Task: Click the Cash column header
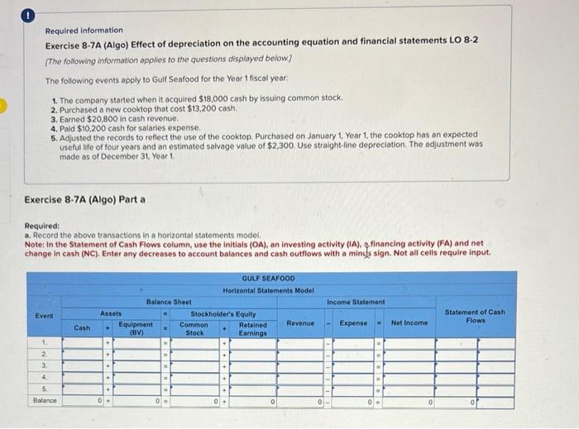click(83, 328)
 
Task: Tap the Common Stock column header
click(194, 328)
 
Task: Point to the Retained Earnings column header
click(252, 328)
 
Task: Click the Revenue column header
click(300, 323)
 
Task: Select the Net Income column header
click(409, 323)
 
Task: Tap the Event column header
click(43, 315)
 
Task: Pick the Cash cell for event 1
click(83, 342)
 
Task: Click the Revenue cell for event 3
click(300, 365)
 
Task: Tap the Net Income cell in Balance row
click(409, 401)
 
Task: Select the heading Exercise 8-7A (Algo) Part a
click(85, 199)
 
